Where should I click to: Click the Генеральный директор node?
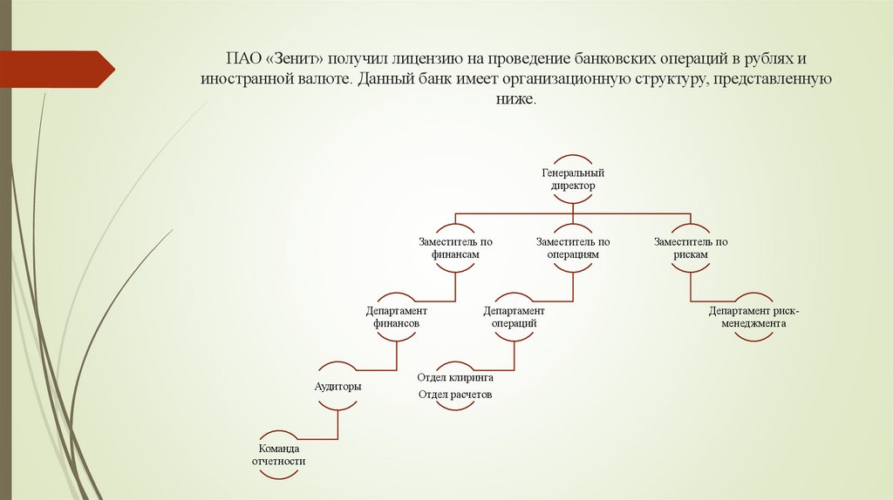[572, 179]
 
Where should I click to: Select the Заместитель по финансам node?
[455, 248]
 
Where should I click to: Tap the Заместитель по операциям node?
[572, 248]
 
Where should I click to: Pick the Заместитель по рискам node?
[690, 248]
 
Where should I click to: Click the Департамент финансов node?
[396, 316]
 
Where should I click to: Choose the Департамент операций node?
[514, 316]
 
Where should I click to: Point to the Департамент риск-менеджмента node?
[747, 316]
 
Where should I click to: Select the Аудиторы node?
[337, 385]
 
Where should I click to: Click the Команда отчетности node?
[278, 454]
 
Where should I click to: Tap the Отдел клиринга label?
[455, 378]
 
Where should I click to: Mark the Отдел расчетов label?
[455, 394]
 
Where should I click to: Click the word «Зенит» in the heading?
[299, 60]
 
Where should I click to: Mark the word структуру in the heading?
[664, 79]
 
